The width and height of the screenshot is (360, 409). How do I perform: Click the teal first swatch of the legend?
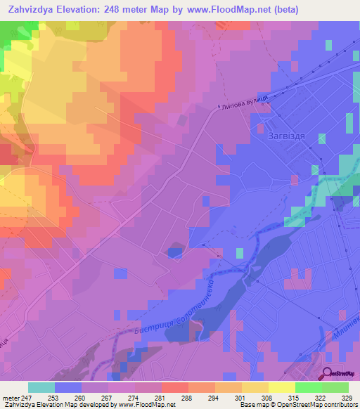[41, 387]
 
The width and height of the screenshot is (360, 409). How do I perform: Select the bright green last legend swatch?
[335, 387]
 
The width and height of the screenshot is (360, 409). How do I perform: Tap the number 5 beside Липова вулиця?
[219, 108]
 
